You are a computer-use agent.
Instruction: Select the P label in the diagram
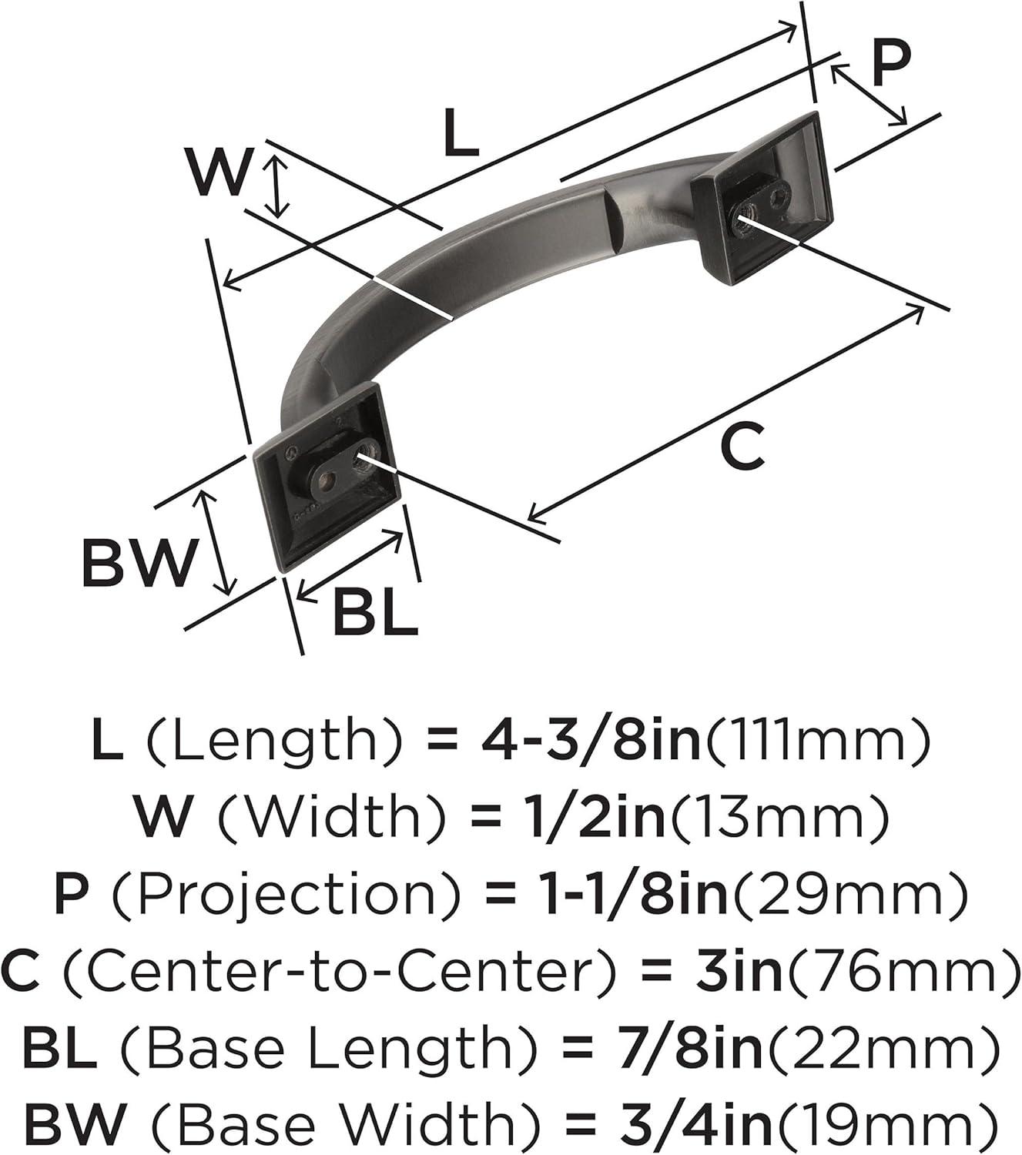tap(892, 65)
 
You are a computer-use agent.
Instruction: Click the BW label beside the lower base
tap(139, 562)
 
